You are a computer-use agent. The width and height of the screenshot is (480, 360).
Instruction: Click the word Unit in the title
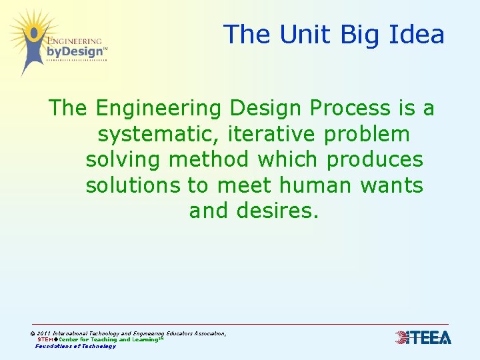point(297,34)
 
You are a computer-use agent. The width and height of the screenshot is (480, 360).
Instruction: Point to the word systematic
point(159,135)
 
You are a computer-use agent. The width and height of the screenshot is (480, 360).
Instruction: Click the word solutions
point(132,185)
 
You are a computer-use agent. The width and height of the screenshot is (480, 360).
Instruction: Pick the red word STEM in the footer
point(45,339)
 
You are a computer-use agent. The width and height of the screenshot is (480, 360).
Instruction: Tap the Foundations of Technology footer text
point(75,346)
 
